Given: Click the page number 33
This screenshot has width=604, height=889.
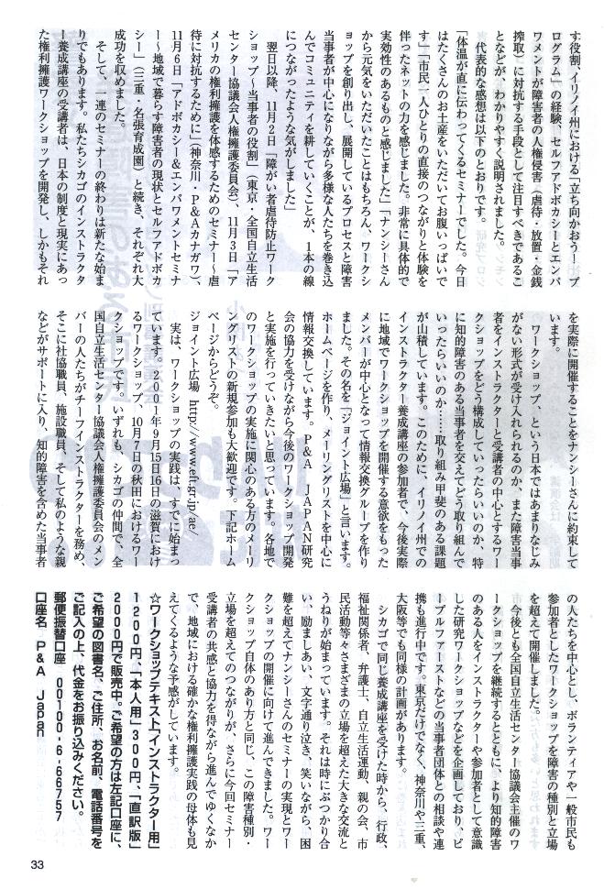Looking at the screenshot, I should (x=38, y=865).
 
